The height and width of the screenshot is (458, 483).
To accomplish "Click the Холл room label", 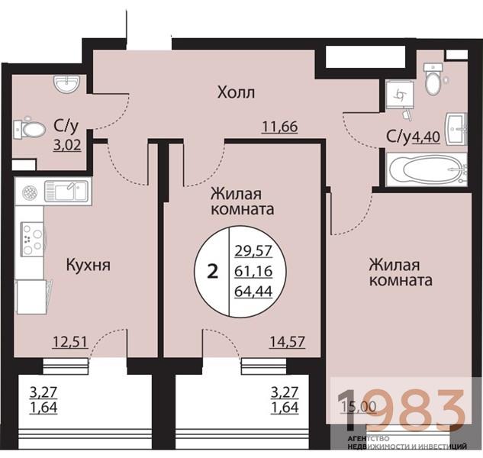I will [x=236, y=93].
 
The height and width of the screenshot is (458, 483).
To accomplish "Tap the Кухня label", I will [x=89, y=266].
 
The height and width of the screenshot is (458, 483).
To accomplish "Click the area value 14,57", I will [x=288, y=341].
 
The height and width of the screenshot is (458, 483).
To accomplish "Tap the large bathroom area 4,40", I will [x=427, y=137].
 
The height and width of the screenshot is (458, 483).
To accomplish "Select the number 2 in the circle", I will [x=213, y=271].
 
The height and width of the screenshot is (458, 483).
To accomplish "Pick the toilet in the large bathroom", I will [x=433, y=79].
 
